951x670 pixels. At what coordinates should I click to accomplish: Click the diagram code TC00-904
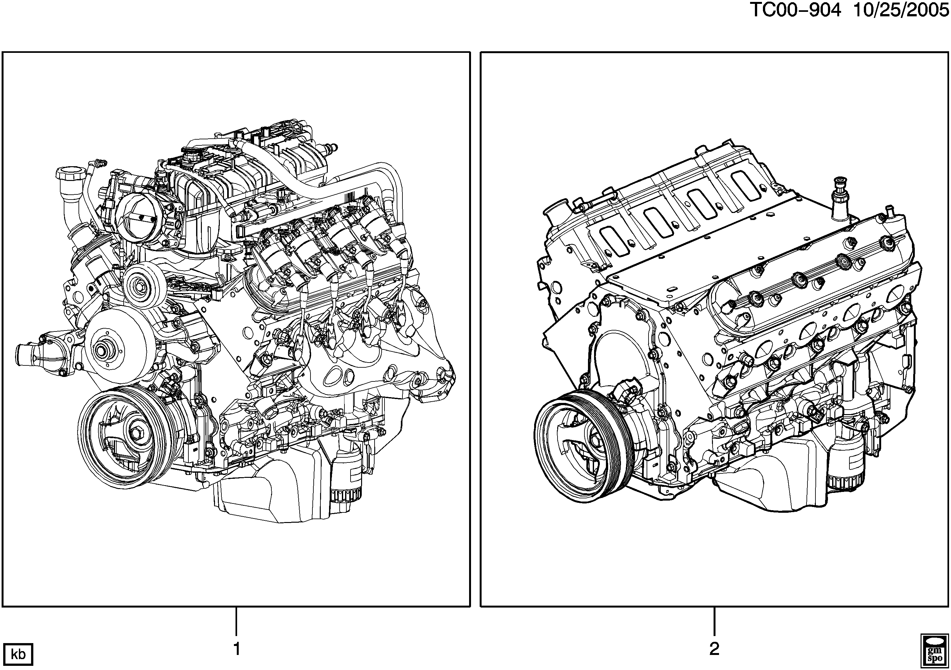796,10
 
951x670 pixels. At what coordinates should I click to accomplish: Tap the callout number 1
236,649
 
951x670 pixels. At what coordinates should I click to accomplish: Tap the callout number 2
714,649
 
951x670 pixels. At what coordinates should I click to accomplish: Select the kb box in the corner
18,654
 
